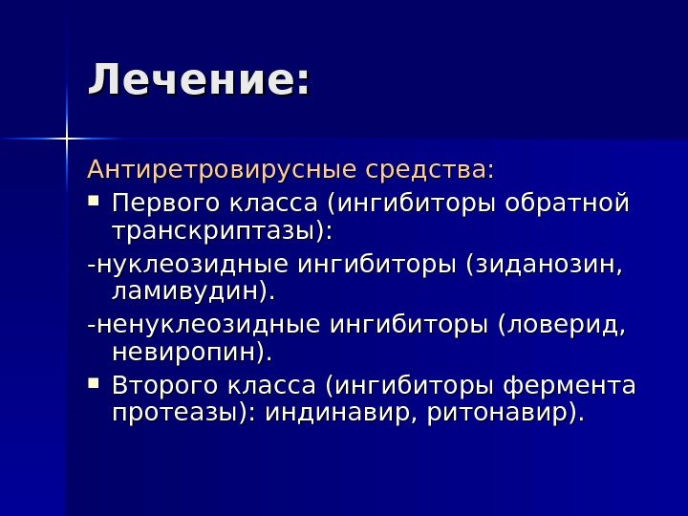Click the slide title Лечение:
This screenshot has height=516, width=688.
(199, 80)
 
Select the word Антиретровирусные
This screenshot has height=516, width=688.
(222, 171)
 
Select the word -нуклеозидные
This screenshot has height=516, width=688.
(189, 265)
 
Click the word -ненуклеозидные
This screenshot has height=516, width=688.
(204, 326)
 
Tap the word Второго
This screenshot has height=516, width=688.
(164, 387)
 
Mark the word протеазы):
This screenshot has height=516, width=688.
(184, 414)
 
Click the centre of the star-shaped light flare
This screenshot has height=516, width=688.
(68, 140)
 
